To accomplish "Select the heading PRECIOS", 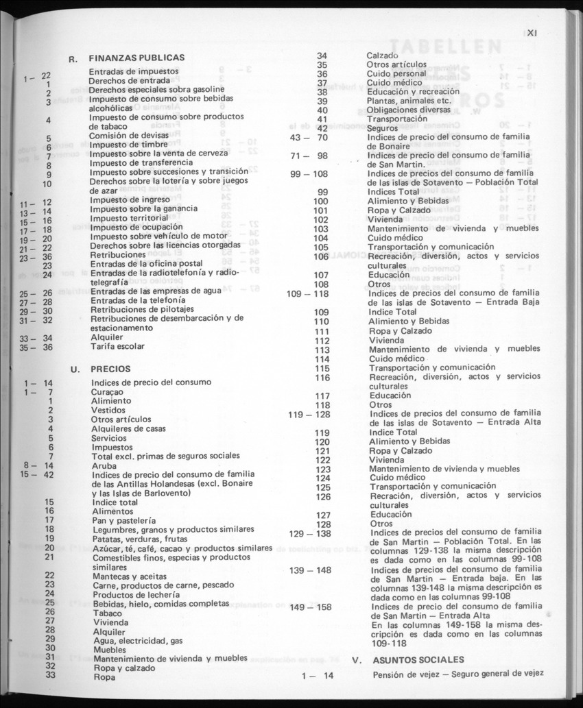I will point(110,369).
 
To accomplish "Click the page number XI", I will point(536,31).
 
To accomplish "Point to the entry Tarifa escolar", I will point(118,347).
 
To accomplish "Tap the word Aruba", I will point(104,465).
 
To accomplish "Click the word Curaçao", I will point(108,391).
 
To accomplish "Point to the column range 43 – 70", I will point(309,137).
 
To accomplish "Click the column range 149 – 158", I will point(310,607).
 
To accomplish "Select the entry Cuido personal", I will point(396,73).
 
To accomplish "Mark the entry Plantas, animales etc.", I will point(407,101).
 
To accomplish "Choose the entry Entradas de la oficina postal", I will point(146,263).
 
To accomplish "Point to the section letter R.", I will point(73,59).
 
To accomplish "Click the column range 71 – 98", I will point(309,156).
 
